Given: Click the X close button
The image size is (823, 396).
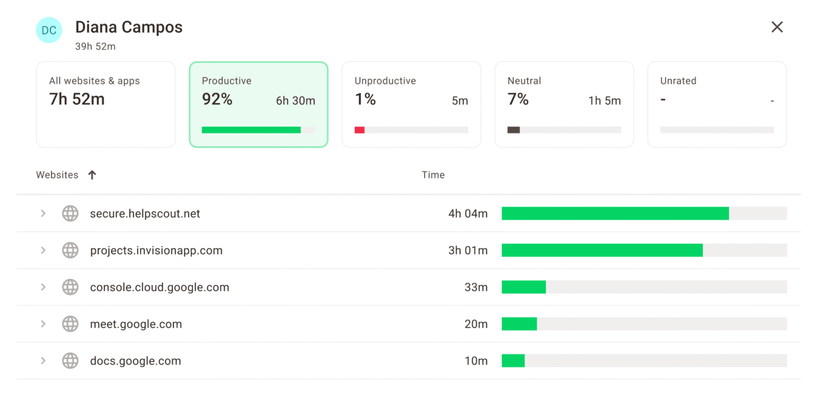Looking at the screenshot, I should tap(777, 27).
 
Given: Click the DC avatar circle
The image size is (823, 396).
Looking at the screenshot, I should tap(49, 30).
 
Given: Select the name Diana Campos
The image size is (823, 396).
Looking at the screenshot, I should tap(128, 27).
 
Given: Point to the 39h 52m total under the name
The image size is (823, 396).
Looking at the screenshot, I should tap(95, 47).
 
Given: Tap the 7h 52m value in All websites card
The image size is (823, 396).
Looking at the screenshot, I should tap(77, 99).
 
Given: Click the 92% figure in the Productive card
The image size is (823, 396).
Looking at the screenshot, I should tap(217, 99).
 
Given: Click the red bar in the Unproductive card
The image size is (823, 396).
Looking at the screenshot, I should tap(359, 130).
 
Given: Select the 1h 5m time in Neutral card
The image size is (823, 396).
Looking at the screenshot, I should tap(604, 101).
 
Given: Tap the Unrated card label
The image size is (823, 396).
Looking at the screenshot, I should tap(678, 81).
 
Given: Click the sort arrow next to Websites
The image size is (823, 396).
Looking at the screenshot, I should tap(92, 175).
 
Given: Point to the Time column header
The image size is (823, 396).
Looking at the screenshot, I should tap(433, 175).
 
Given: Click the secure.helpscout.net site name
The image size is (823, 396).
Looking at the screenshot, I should tap(145, 213).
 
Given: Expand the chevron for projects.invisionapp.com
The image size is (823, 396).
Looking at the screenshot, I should tap(43, 251).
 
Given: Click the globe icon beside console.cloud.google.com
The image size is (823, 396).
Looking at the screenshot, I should tap(70, 287).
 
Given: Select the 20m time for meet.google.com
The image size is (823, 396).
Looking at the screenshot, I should tap(475, 324).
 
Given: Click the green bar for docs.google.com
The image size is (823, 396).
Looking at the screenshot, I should tap(513, 361).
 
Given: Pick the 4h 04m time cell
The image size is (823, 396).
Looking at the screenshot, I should tap(468, 213).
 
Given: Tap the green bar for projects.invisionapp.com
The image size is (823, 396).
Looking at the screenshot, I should tap(602, 251).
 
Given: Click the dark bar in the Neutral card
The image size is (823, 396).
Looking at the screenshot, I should tap(513, 130).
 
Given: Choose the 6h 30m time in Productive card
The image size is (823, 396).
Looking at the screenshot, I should tap(295, 101).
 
